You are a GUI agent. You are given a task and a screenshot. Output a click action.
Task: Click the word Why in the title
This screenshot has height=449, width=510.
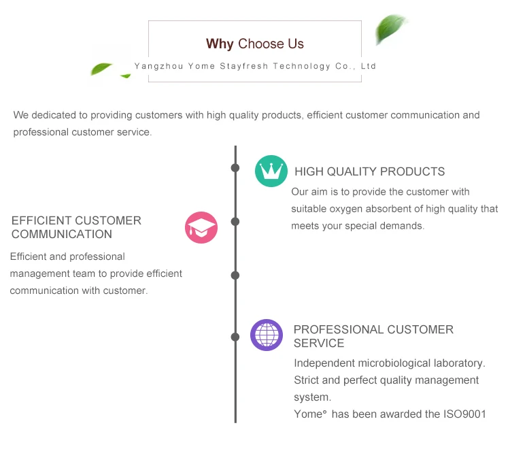tap(220, 44)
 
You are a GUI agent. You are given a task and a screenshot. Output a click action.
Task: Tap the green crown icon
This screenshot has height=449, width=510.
tap(271, 171)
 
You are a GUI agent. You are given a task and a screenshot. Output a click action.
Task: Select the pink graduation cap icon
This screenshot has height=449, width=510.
tap(201, 227)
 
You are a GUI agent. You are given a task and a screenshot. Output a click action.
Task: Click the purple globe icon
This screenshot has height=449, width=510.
tap(267, 335)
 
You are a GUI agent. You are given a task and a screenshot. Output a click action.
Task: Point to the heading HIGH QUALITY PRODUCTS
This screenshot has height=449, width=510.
tap(369, 171)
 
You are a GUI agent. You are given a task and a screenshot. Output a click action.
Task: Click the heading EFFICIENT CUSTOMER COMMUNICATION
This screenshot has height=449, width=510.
tap(76, 227)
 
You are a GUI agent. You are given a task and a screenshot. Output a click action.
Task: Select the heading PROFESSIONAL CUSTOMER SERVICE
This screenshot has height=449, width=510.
tap(373, 336)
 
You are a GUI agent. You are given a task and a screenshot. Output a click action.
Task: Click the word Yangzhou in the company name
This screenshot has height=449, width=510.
tap(157, 67)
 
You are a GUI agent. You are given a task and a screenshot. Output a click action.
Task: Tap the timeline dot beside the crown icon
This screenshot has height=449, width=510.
tap(235, 167)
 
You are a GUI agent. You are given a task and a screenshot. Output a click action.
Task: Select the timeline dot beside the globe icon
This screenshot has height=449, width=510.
tap(235, 337)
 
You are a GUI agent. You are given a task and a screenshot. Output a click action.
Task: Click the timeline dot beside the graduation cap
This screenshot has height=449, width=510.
tap(235, 222)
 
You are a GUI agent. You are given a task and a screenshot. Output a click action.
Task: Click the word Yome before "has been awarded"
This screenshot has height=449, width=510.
tap(307, 414)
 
